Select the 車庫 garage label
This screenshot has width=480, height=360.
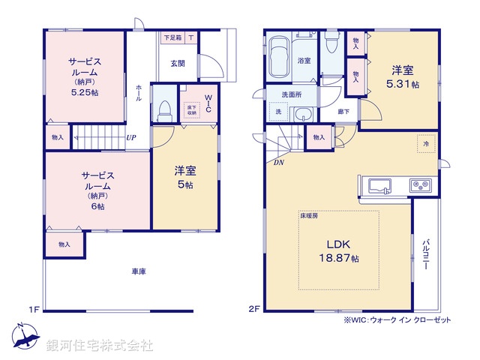137,271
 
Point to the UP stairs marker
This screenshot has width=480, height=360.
130,137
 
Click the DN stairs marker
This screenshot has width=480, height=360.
279,163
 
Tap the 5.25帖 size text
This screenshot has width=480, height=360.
84,92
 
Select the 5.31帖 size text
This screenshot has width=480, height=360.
403,85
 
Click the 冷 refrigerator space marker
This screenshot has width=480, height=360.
425,142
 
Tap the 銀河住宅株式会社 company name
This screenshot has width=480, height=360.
99,346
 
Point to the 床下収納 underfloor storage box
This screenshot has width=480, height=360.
190,110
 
